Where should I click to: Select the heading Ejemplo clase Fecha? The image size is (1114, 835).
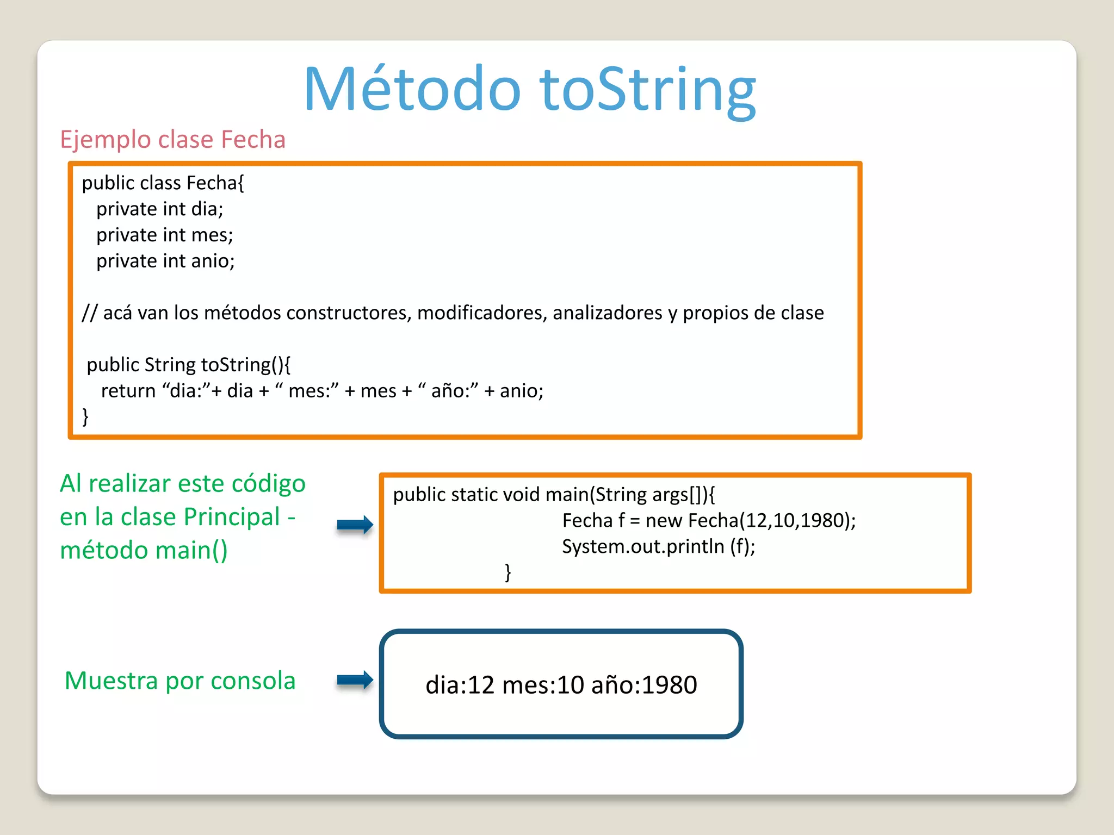click(172, 140)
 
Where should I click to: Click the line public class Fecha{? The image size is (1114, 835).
click(163, 183)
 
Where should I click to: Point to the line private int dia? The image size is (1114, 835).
click(159, 209)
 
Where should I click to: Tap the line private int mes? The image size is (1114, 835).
click(164, 235)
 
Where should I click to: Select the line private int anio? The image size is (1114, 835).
click(165, 261)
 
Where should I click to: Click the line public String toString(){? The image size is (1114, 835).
click(188, 365)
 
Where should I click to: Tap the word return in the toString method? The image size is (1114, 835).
click(128, 391)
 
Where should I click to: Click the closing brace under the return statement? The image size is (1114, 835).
click(85, 416)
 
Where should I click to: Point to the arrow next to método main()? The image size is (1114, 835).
click(355, 525)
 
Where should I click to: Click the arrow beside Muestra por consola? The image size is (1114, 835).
click(355, 680)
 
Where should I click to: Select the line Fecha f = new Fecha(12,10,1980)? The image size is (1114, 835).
click(708, 521)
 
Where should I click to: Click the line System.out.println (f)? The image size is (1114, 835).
click(658, 546)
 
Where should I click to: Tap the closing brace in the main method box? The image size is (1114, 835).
click(508, 572)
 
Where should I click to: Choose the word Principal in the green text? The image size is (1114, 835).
click(232, 517)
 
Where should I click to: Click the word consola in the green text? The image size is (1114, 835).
click(253, 681)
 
